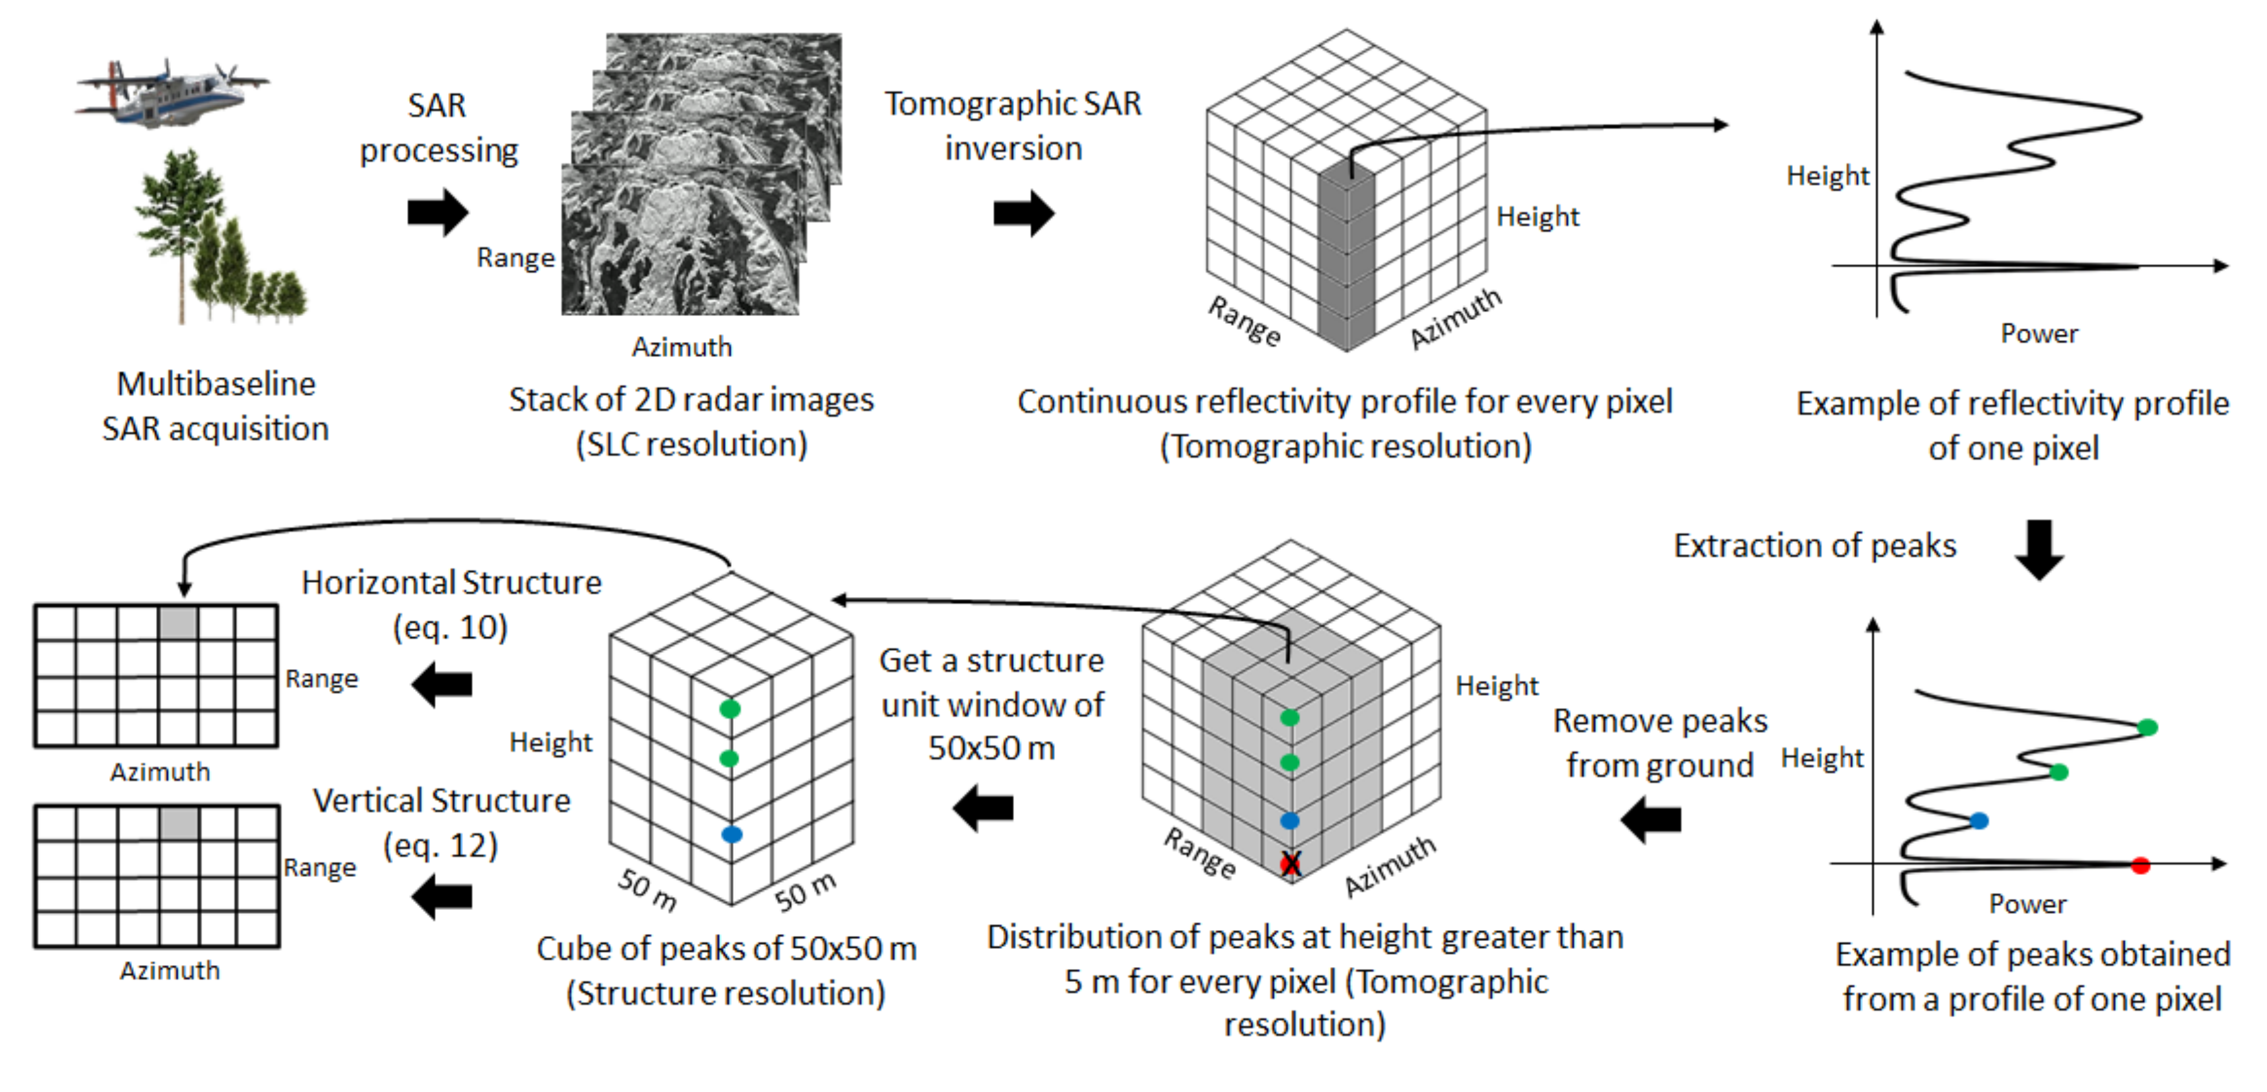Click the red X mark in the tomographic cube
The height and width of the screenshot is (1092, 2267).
pyautogui.click(x=1290, y=864)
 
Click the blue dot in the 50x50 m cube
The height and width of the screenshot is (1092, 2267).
pyautogui.click(x=731, y=834)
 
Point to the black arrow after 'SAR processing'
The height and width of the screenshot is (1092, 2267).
pyautogui.click(x=437, y=212)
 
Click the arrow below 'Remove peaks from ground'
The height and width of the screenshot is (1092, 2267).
pyautogui.click(x=1651, y=820)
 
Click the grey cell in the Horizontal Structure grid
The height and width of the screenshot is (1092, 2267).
pyautogui.click(x=179, y=623)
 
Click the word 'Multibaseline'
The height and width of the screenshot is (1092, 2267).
pyautogui.click(x=216, y=383)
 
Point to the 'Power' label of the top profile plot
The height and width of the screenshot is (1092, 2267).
pyautogui.click(x=2039, y=334)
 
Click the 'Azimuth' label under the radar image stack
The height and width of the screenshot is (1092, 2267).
pyautogui.click(x=682, y=347)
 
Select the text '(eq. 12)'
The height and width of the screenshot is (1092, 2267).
pyautogui.click(x=441, y=846)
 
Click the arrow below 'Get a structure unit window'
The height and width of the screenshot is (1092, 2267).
pyautogui.click(x=983, y=808)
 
